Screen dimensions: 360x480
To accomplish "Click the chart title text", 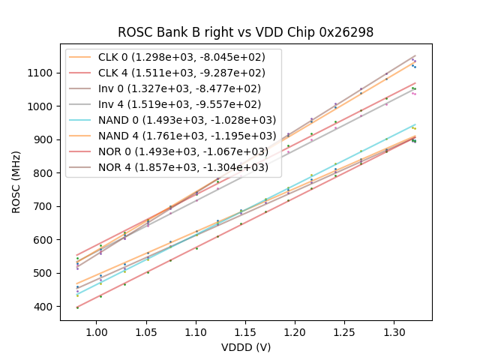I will [x=245, y=32].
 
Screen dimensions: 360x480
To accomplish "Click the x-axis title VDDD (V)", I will [x=245, y=347].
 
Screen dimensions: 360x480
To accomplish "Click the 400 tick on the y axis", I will [x=45, y=307].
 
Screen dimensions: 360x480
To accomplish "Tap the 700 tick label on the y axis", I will [x=45, y=206].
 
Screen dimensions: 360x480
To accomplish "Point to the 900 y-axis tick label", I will [x=45, y=139].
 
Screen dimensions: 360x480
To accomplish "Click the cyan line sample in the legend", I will [x=82, y=120].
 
